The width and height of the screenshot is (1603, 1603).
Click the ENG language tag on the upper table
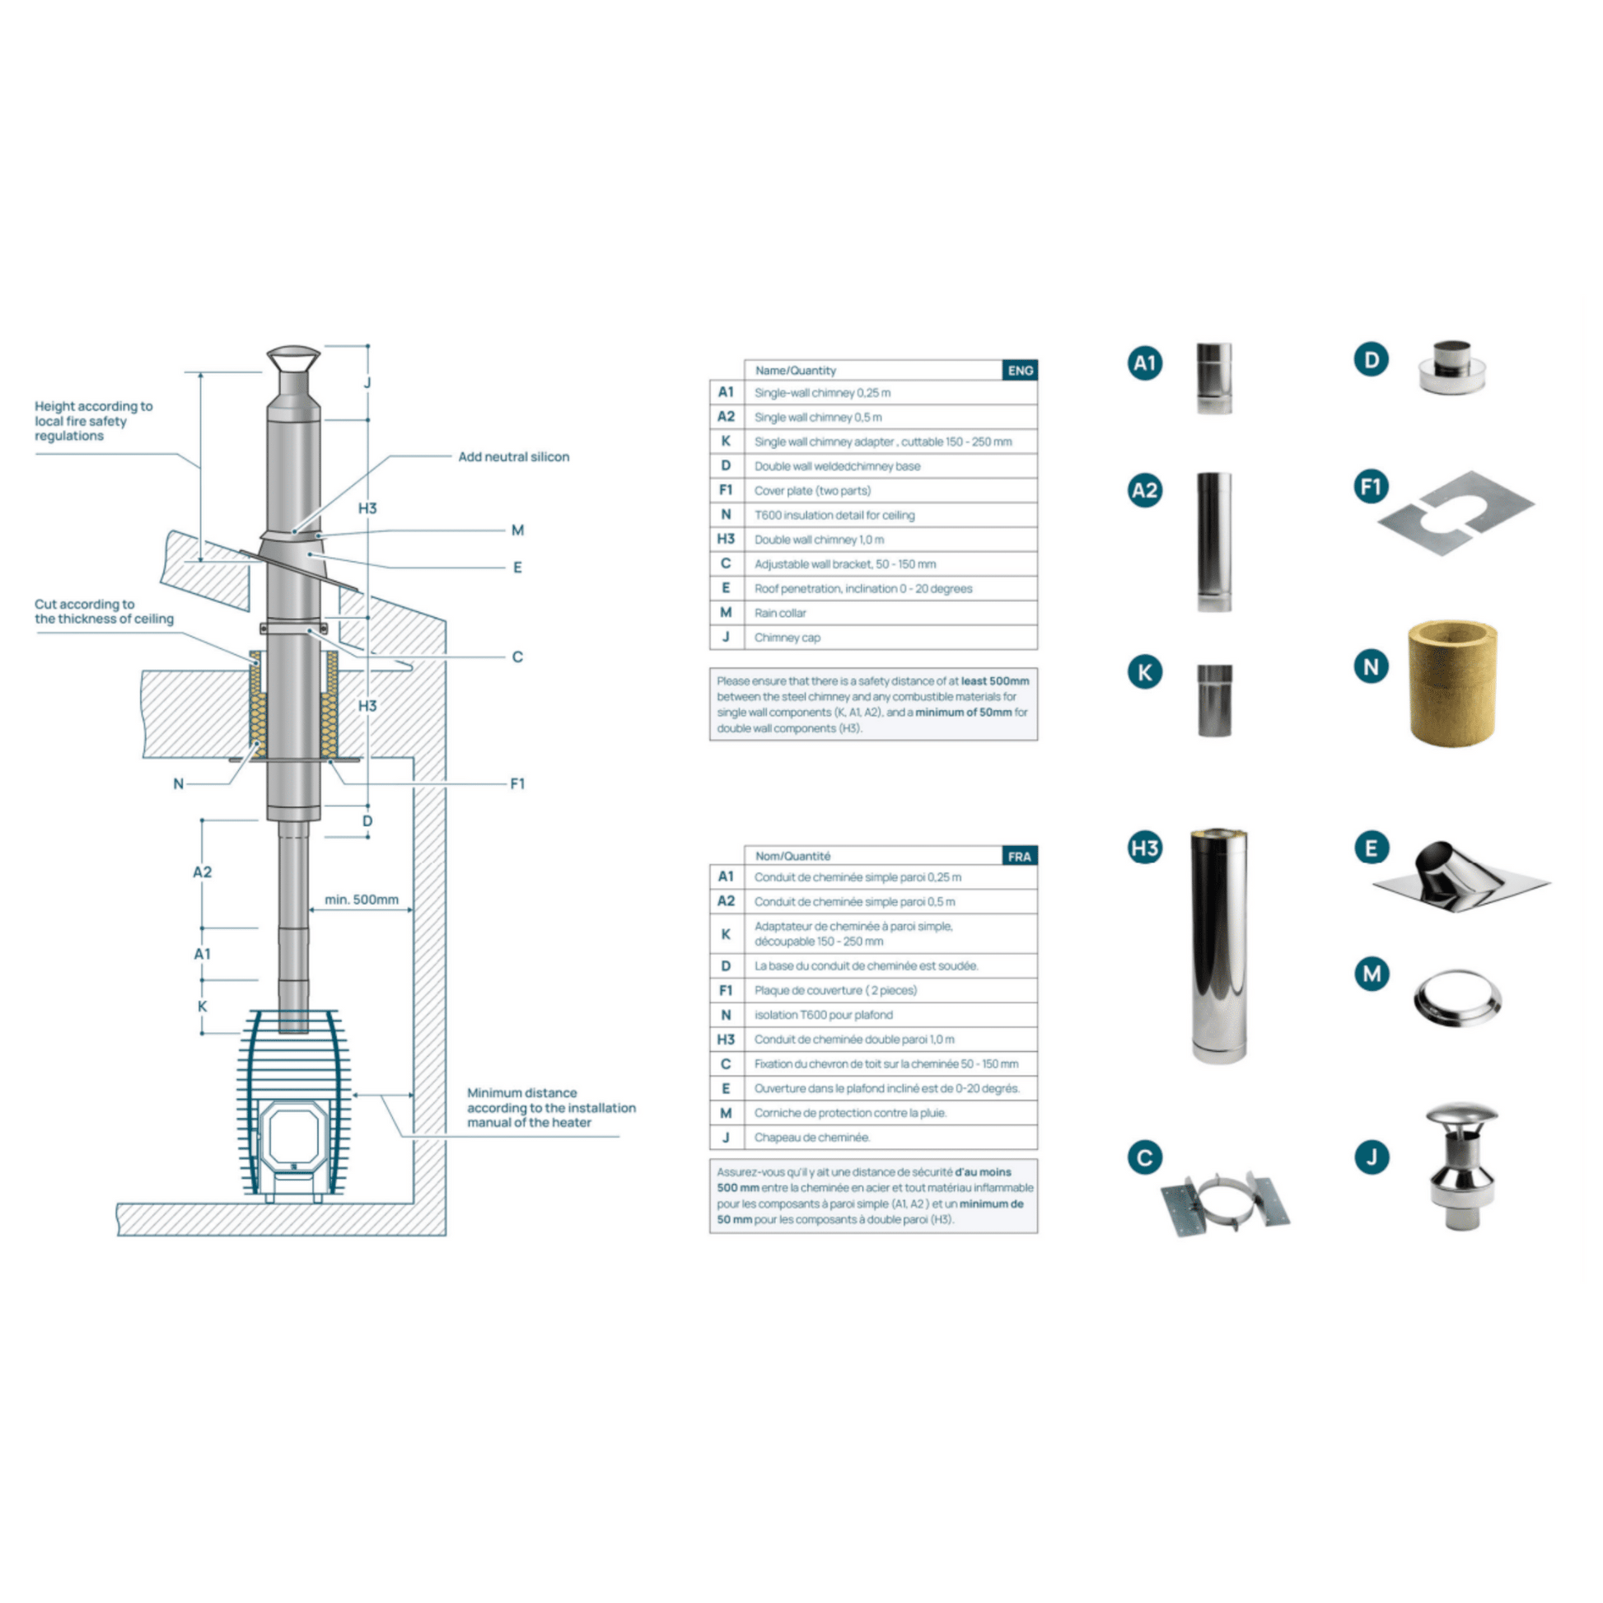tap(1020, 370)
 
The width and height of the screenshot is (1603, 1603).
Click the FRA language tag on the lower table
tap(1020, 856)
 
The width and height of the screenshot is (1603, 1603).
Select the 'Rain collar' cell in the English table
tap(890, 613)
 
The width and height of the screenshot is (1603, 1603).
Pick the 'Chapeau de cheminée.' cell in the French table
tap(890, 1138)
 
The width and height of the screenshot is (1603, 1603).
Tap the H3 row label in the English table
tap(726, 540)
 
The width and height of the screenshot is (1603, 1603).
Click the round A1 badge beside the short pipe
tap(1145, 362)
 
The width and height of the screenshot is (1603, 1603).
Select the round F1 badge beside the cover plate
tap(1371, 487)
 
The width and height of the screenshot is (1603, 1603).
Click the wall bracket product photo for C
tap(1225, 1203)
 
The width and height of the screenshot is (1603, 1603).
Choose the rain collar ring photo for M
tap(1457, 999)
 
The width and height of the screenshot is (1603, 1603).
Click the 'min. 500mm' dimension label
tap(362, 900)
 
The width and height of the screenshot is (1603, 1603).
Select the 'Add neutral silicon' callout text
tap(513, 457)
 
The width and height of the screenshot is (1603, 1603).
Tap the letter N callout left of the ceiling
tap(179, 784)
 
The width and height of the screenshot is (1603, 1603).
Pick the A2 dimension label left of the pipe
tap(203, 872)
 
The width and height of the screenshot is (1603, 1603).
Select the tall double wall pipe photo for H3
tap(1218, 946)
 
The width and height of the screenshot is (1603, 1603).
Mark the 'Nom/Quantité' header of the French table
tap(792, 856)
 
